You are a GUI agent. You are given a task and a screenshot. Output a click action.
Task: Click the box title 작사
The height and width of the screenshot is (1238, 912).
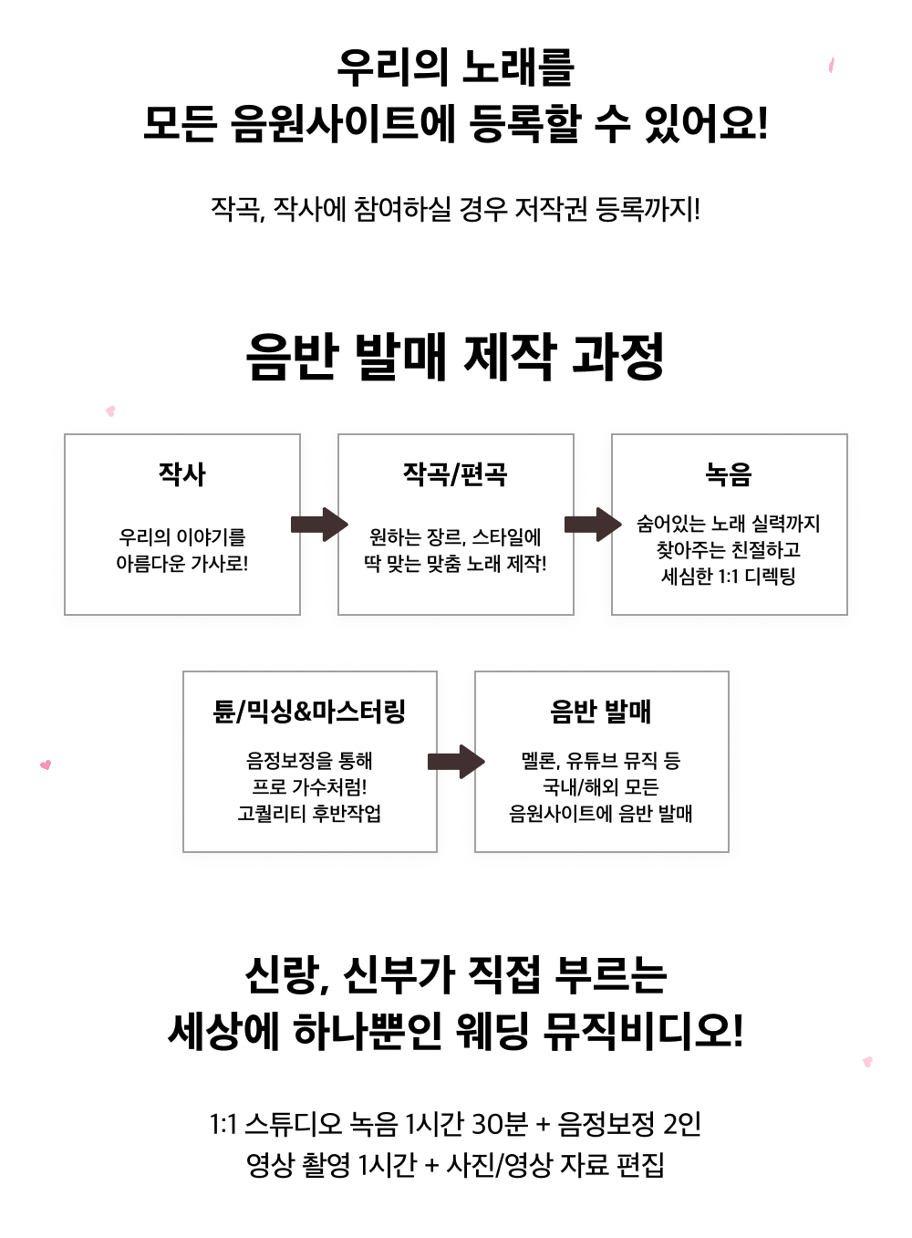(182, 474)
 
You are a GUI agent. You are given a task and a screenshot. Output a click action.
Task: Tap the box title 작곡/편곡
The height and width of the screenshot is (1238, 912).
(455, 474)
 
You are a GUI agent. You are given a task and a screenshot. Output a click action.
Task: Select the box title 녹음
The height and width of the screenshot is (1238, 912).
(729, 474)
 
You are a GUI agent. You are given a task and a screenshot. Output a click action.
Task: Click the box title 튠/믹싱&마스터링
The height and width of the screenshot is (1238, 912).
(309, 712)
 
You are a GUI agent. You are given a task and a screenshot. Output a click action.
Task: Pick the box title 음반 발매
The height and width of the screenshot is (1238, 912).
(601, 712)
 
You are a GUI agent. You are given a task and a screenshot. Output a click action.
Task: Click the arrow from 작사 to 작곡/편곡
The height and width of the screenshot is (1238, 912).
(319, 525)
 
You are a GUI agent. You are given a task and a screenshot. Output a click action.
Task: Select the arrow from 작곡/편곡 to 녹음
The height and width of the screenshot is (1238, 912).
(593, 525)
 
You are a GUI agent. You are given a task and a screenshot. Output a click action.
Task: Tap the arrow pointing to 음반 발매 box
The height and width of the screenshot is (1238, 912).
(456, 762)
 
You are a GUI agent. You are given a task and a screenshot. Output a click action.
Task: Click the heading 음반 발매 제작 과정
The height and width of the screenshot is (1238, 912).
(455, 357)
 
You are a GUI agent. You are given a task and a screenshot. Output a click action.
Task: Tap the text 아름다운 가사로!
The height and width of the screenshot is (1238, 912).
(182, 564)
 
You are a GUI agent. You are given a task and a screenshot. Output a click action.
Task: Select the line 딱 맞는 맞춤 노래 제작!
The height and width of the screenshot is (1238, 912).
(455, 564)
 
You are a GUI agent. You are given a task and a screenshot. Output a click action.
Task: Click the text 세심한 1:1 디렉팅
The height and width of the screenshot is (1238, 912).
(729, 577)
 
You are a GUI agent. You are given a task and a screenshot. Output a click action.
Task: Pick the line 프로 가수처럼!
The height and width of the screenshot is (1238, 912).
(309, 786)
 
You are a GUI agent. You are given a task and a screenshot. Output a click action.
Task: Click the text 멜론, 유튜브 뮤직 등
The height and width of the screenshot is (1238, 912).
(601, 760)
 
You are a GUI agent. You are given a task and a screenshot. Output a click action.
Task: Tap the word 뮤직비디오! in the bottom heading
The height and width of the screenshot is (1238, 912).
(644, 1032)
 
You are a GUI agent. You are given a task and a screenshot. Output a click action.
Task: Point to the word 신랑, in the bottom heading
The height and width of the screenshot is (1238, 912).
(286, 975)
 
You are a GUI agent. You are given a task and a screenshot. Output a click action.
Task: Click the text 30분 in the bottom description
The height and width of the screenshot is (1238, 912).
(500, 1124)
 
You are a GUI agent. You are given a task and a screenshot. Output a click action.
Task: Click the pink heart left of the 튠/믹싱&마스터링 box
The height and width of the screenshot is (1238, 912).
(46, 765)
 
